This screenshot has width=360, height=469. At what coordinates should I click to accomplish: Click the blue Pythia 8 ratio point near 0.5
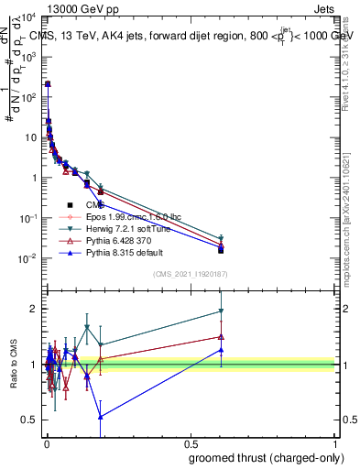pos(101,417)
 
